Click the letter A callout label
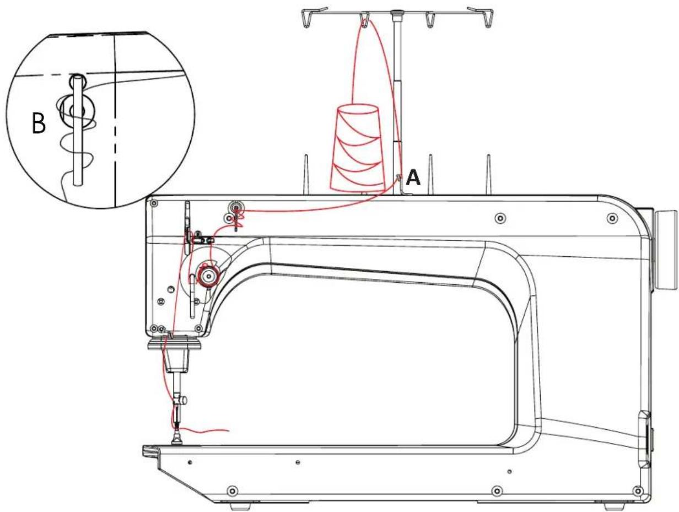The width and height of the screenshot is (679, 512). coord(413,178)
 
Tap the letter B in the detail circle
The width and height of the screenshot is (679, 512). coord(39,123)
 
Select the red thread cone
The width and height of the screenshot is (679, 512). coord(358,148)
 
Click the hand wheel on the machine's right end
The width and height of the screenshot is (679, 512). coord(665,250)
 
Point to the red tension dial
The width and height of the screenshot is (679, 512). coord(208,274)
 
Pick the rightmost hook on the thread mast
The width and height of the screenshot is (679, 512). coord(483,17)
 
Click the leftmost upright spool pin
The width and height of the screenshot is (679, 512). coord(306,175)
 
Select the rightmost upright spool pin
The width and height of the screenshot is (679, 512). coord(489,175)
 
